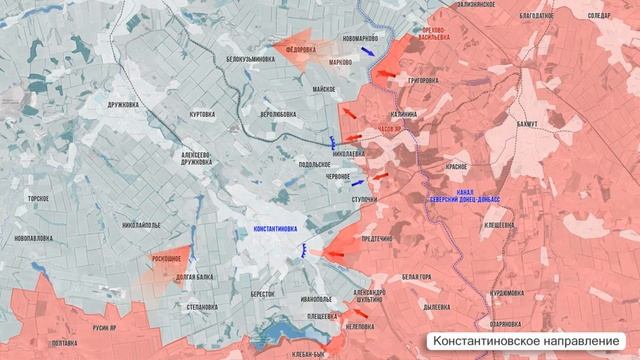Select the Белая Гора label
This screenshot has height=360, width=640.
click(x=416, y=275)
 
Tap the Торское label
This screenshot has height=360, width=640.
click(x=39, y=199)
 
